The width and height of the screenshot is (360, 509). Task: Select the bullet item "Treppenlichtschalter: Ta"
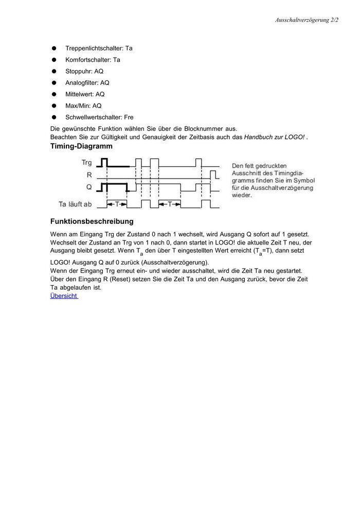pyautogui.click(x=99, y=48)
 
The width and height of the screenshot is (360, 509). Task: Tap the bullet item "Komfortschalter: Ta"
pyautogui.click(x=93, y=60)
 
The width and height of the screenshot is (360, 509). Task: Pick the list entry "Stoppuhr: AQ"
pyautogui.click(x=84, y=71)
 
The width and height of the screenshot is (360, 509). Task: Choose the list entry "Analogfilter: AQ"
pyautogui.click(x=87, y=82)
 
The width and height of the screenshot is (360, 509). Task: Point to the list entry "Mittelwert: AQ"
pyautogui.click(x=85, y=94)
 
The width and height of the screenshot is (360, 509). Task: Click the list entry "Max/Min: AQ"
pyautogui.click(x=83, y=106)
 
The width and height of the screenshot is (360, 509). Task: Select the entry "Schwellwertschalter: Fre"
pyautogui.click(x=99, y=117)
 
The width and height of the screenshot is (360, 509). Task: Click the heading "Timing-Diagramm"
pyautogui.click(x=81, y=147)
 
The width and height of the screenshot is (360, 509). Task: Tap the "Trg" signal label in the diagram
pyautogui.click(x=87, y=163)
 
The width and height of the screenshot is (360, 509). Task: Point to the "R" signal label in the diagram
pyautogui.click(x=89, y=175)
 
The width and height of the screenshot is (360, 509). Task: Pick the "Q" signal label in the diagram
pyautogui.click(x=89, y=186)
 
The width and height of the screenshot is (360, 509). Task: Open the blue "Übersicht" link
pyautogui.click(x=64, y=296)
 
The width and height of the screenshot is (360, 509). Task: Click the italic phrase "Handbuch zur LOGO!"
pyautogui.click(x=275, y=137)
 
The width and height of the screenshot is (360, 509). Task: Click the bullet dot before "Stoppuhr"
pyautogui.click(x=53, y=71)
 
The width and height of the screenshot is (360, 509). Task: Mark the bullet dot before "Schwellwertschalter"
pyautogui.click(x=53, y=117)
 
